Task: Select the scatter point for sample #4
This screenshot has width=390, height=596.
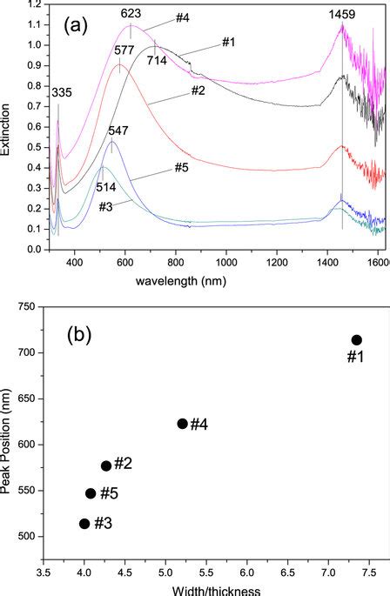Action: (182, 424)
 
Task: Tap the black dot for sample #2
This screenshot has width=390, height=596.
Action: (106, 465)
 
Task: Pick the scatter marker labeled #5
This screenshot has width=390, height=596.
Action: (91, 493)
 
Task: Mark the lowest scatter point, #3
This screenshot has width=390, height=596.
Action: (84, 524)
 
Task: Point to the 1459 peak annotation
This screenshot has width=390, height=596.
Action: (342, 15)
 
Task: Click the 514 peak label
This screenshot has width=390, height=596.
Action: (106, 187)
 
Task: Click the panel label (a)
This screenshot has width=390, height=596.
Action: (76, 25)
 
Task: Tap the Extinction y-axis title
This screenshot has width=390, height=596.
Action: (7, 128)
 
